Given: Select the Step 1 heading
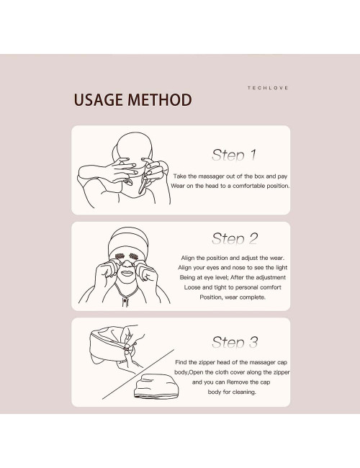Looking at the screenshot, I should [x=234, y=155].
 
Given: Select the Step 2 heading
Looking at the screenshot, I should [x=234, y=239].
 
